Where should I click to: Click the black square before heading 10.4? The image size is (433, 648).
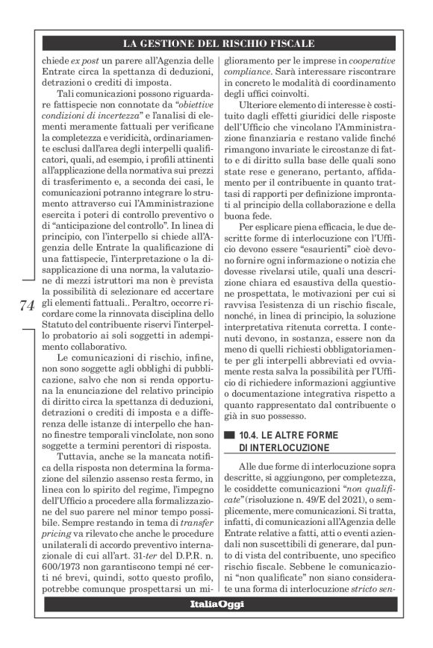pyautogui.click(x=229, y=434)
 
